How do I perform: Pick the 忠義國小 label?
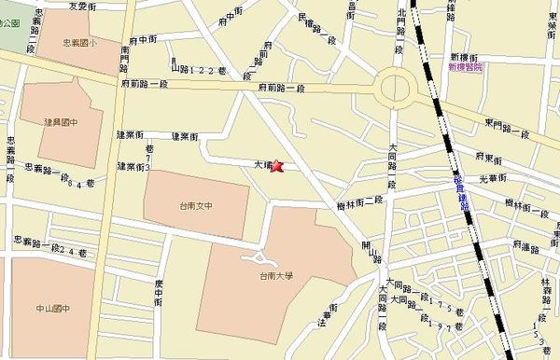81,43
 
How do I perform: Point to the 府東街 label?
490,157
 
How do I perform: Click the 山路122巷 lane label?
195,68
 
